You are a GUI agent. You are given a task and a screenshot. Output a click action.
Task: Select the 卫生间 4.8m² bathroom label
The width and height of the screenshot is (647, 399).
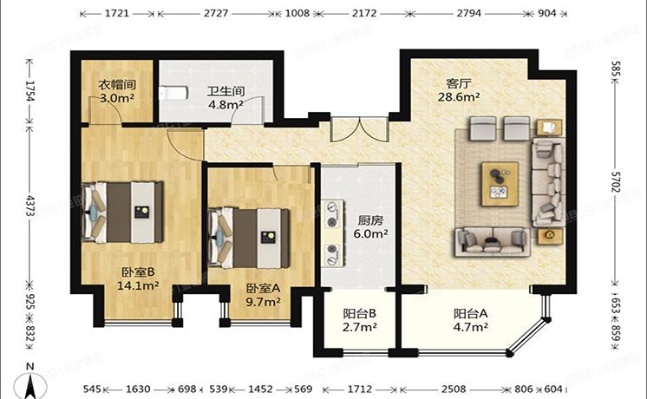[x=224, y=97]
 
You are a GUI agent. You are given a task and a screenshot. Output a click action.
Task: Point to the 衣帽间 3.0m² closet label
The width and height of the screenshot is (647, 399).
[x=115, y=91]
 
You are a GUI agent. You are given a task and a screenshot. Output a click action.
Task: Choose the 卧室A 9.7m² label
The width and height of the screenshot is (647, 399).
[x=263, y=295]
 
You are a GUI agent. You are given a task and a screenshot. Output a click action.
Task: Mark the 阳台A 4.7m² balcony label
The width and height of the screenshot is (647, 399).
[x=470, y=320]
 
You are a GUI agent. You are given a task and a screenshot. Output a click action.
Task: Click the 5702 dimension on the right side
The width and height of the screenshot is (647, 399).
[x=616, y=182]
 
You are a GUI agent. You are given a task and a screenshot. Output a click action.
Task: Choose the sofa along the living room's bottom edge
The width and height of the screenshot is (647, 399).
[x=492, y=240]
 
